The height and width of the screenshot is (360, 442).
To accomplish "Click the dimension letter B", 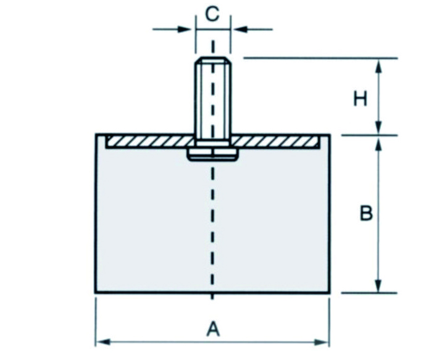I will (366, 214).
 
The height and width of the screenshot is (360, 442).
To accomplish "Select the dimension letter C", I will (212, 14).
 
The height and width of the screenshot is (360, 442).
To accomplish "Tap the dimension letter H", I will (361, 98).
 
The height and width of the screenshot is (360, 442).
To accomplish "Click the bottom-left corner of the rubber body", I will (96, 292).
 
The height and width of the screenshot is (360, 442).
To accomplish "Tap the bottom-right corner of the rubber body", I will (330, 292).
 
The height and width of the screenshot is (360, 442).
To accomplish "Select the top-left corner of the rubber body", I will (96, 135).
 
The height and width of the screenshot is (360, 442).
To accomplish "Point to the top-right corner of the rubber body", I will (330, 135).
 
